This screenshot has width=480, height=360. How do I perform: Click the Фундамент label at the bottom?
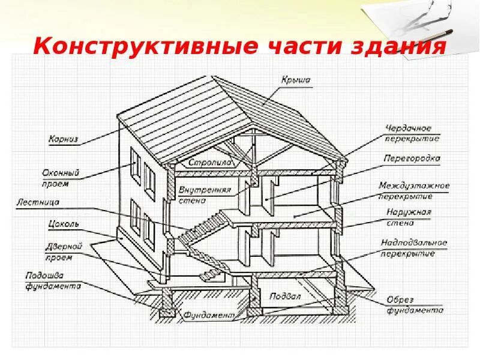tap(207, 314)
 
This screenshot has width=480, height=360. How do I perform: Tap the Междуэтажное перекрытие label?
tap(413, 191)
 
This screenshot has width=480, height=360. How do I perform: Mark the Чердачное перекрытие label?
tap(412, 133)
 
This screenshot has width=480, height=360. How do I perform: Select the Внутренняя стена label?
tap(204, 196)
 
